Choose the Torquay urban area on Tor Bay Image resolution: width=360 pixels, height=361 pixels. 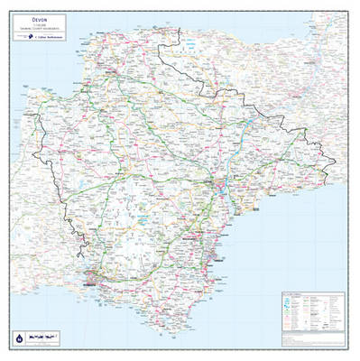point(209,242)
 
